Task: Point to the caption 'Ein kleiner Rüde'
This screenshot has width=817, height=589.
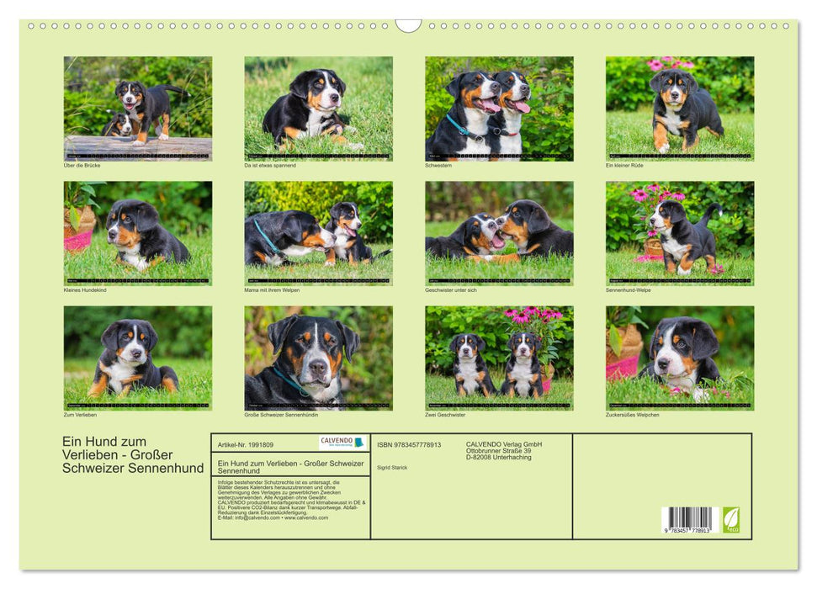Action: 624,166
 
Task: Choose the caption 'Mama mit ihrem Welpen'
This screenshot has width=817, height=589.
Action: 272,290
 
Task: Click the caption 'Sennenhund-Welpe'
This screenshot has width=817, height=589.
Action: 627,290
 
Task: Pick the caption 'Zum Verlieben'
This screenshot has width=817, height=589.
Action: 80,415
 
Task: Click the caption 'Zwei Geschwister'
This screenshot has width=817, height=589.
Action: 444,415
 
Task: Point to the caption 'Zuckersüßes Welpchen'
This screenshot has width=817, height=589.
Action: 632,415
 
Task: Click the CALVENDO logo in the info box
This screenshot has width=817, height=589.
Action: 342,443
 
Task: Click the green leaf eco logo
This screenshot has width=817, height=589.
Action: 731,519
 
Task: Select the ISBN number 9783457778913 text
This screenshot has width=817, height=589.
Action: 409,445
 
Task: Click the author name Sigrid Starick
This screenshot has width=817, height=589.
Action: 391,468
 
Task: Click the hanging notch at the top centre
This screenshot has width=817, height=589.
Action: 408,25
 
